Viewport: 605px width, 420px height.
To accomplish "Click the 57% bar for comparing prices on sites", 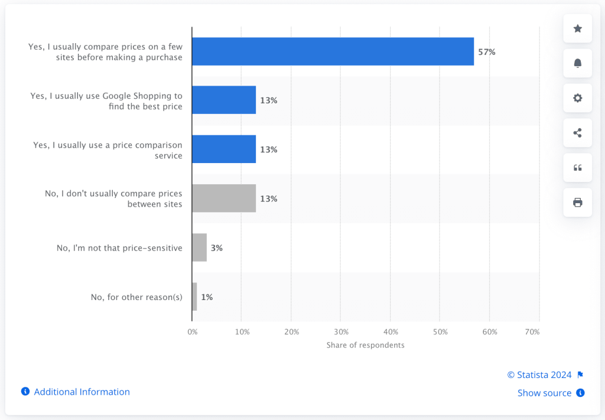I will (333, 51).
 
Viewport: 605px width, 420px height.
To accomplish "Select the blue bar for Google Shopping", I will (224, 100).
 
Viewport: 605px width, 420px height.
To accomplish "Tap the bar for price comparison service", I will (224, 149).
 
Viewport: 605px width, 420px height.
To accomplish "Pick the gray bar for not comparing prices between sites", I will (224, 198).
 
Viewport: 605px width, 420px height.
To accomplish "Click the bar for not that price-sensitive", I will (200, 248).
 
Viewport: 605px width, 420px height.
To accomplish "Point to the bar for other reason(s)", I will (194, 297).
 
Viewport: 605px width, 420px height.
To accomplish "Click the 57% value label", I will (487, 52).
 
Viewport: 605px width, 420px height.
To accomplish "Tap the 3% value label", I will (216, 248).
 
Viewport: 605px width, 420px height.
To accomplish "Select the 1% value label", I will (207, 297).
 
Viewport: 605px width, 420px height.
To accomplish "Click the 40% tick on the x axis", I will (390, 332).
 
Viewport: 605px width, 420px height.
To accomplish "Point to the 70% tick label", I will (532, 332).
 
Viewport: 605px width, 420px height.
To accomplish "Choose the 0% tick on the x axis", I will (193, 332).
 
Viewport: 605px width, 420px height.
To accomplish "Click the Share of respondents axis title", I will (365, 345).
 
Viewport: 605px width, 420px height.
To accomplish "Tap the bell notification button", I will (577, 63).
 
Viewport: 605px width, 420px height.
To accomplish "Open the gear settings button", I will (577, 98).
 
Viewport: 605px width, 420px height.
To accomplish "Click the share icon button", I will (577, 133).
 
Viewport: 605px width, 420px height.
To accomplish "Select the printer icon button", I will (577, 203).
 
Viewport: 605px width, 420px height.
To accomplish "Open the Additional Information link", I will (82, 392).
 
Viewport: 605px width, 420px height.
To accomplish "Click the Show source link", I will (545, 393).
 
